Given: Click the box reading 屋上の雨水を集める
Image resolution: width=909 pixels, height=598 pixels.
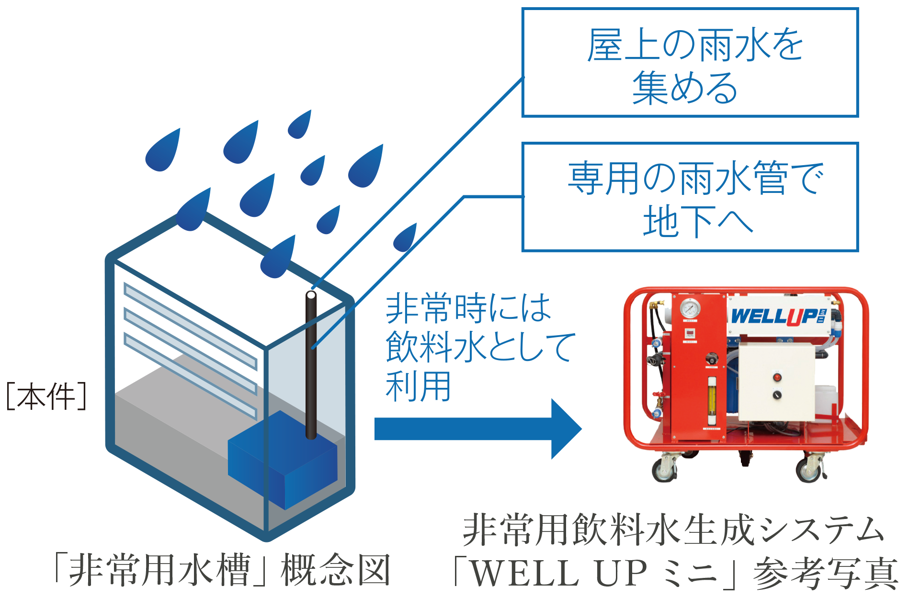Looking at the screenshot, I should pos(690,62).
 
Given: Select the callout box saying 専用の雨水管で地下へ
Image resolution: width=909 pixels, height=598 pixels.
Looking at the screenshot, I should pos(690,197).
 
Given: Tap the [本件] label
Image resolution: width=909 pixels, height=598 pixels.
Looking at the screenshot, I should pos(46,396).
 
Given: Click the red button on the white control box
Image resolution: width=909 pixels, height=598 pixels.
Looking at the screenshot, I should pos(777,377).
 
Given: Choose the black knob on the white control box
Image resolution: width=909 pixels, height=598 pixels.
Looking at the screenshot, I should pos(777,395).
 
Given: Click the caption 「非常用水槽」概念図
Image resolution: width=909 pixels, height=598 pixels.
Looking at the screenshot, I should pos(222,570).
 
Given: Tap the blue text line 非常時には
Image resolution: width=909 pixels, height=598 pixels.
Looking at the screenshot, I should pos(468,307).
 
